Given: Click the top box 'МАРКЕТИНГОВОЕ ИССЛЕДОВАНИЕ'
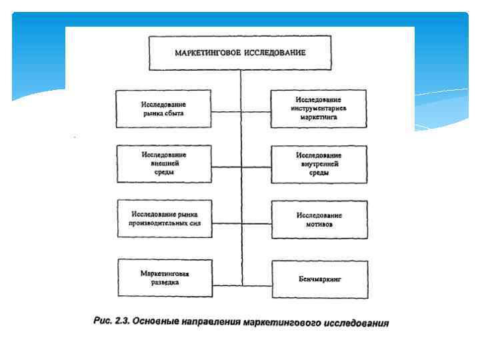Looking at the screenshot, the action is (x=240, y=53).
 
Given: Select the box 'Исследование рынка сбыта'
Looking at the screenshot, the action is (x=163, y=109).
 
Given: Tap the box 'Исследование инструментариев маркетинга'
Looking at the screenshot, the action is (x=319, y=108).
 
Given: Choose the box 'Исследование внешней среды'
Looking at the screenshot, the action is (x=163, y=163).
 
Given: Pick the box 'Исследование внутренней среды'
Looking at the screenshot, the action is (x=319, y=164).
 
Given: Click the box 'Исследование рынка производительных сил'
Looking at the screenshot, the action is (x=163, y=219).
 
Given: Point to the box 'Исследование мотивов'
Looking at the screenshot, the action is (x=319, y=220).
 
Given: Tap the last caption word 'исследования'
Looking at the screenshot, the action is (x=356, y=324).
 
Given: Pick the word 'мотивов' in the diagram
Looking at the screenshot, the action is (x=319, y=225).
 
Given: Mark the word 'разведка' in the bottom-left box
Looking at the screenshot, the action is (x=163, y=282).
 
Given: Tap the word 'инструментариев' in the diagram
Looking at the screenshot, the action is (x=319, y=107).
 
